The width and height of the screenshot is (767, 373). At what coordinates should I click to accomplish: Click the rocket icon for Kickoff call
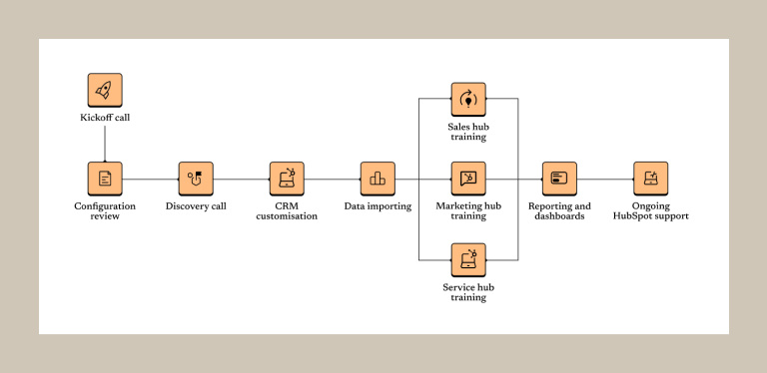(105, 90)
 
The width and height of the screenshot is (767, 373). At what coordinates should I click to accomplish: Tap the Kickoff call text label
(105, 118)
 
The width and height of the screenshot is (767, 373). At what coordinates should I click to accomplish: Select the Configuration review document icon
(105, 179)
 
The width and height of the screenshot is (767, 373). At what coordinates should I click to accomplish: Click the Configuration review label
(105, 210)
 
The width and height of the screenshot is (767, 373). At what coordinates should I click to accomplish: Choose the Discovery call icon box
(196, 179)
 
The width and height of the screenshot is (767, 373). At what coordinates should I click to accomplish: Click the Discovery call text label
(196, 206)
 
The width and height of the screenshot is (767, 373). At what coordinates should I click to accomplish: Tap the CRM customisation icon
(287, 179)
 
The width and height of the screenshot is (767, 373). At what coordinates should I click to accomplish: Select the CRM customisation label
(287, 210)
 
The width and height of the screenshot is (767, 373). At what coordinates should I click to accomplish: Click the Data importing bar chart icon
(378, 179)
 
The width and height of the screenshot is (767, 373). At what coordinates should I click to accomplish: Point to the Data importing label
(378, 206)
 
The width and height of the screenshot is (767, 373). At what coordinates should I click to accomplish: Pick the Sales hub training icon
(468, 99)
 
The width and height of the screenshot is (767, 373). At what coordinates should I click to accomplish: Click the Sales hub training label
(468, 131)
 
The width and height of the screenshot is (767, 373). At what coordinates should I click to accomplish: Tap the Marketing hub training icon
(468, 179)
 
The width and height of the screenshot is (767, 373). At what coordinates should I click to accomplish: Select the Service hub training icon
(468, 259)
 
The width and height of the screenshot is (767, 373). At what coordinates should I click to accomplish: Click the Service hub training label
(468, 292)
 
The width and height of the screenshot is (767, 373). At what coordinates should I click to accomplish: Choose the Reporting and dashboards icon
(559, 179)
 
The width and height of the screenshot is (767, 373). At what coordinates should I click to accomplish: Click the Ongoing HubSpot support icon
(650, 179)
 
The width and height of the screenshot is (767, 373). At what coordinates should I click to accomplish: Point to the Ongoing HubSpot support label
(650, 210)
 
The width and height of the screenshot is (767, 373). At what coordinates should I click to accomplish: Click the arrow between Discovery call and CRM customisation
(241, 180)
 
